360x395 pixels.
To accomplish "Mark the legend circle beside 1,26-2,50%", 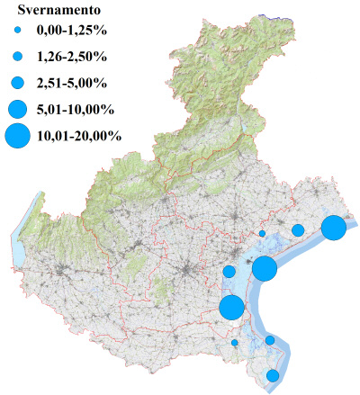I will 17,57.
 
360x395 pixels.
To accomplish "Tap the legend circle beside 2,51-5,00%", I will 17,83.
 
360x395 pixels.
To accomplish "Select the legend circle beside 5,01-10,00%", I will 17,109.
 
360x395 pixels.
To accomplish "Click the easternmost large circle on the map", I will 333,228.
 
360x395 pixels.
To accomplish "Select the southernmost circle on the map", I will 273,375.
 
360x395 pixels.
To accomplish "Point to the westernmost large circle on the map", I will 231,307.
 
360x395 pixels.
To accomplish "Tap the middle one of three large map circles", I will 264,268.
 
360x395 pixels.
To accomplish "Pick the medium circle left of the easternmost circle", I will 298,230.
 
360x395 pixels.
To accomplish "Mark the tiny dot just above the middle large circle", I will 262,233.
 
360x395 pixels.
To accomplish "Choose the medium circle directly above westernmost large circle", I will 229,271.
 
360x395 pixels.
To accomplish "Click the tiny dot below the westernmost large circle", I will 235,342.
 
